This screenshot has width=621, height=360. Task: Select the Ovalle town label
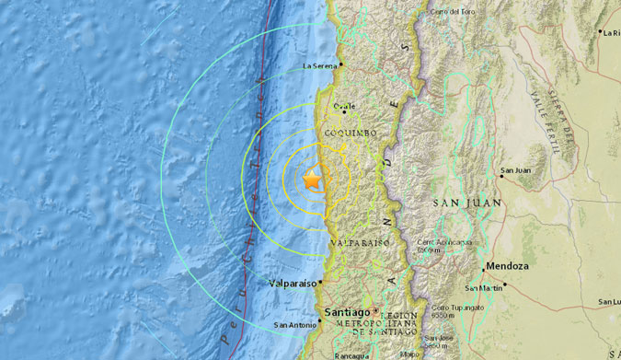(344, 106)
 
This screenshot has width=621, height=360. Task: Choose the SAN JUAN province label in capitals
(468, 202)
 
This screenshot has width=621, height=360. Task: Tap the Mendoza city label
(508, 267)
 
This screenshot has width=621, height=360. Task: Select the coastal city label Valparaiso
(293, 284)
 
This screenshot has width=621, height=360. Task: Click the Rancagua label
(350, 354)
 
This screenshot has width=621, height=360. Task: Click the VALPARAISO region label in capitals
(361, 242)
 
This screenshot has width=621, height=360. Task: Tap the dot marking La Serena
(341, 64)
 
